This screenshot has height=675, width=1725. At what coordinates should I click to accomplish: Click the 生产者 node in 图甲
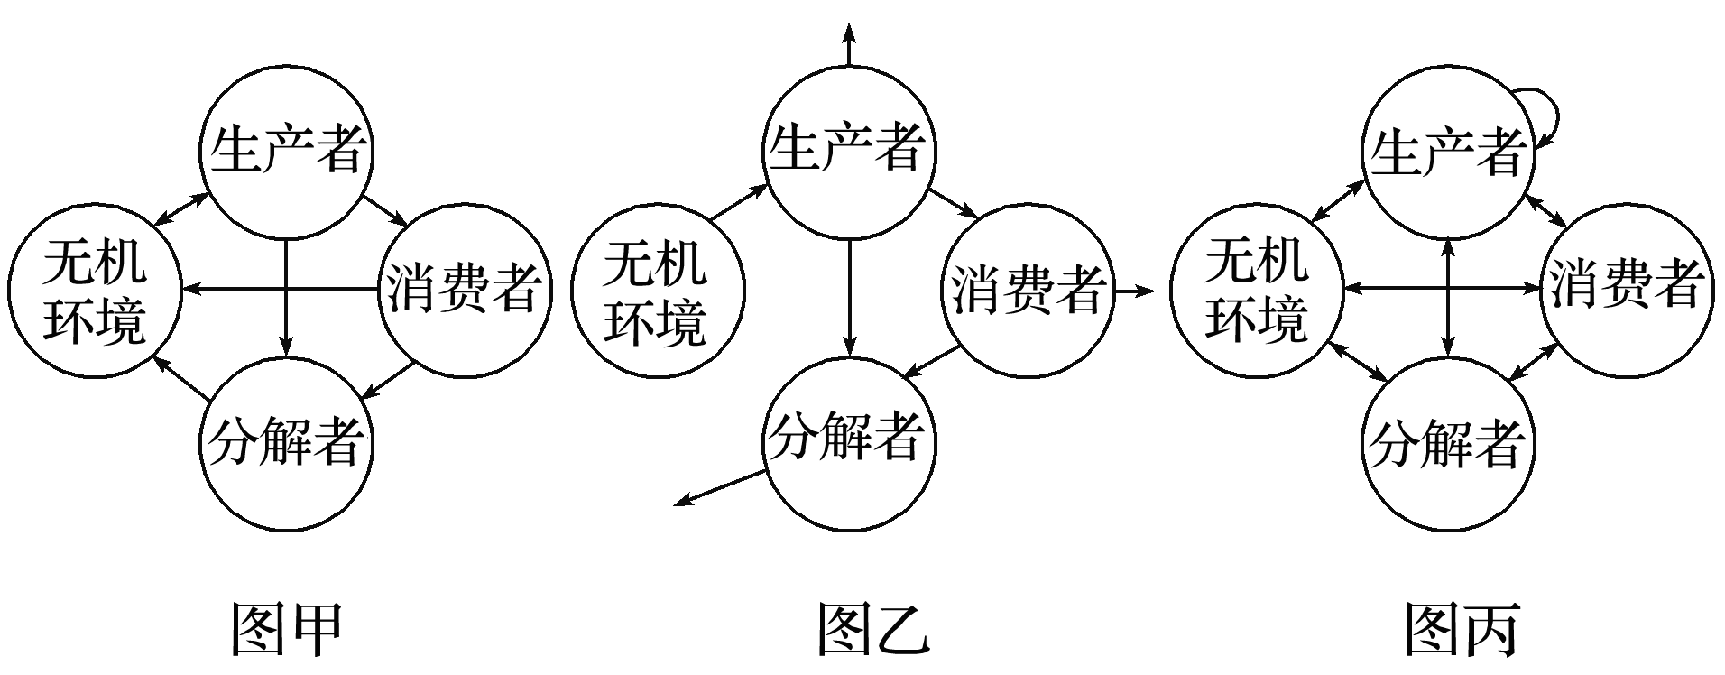coord(286,150)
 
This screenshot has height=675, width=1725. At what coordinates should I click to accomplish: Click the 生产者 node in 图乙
coord(848,150)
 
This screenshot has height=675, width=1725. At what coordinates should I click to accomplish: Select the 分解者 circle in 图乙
coord(848,440)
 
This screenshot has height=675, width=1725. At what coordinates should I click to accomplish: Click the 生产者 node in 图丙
coord(1447,152)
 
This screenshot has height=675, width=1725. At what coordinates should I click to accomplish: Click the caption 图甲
coord(287,629)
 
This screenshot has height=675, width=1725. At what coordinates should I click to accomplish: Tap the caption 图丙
coord(1462,629)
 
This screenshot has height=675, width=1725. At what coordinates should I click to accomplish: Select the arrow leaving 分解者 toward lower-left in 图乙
coord(722,487)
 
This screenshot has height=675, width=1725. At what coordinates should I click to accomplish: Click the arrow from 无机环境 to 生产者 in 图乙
coord(737,203)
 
